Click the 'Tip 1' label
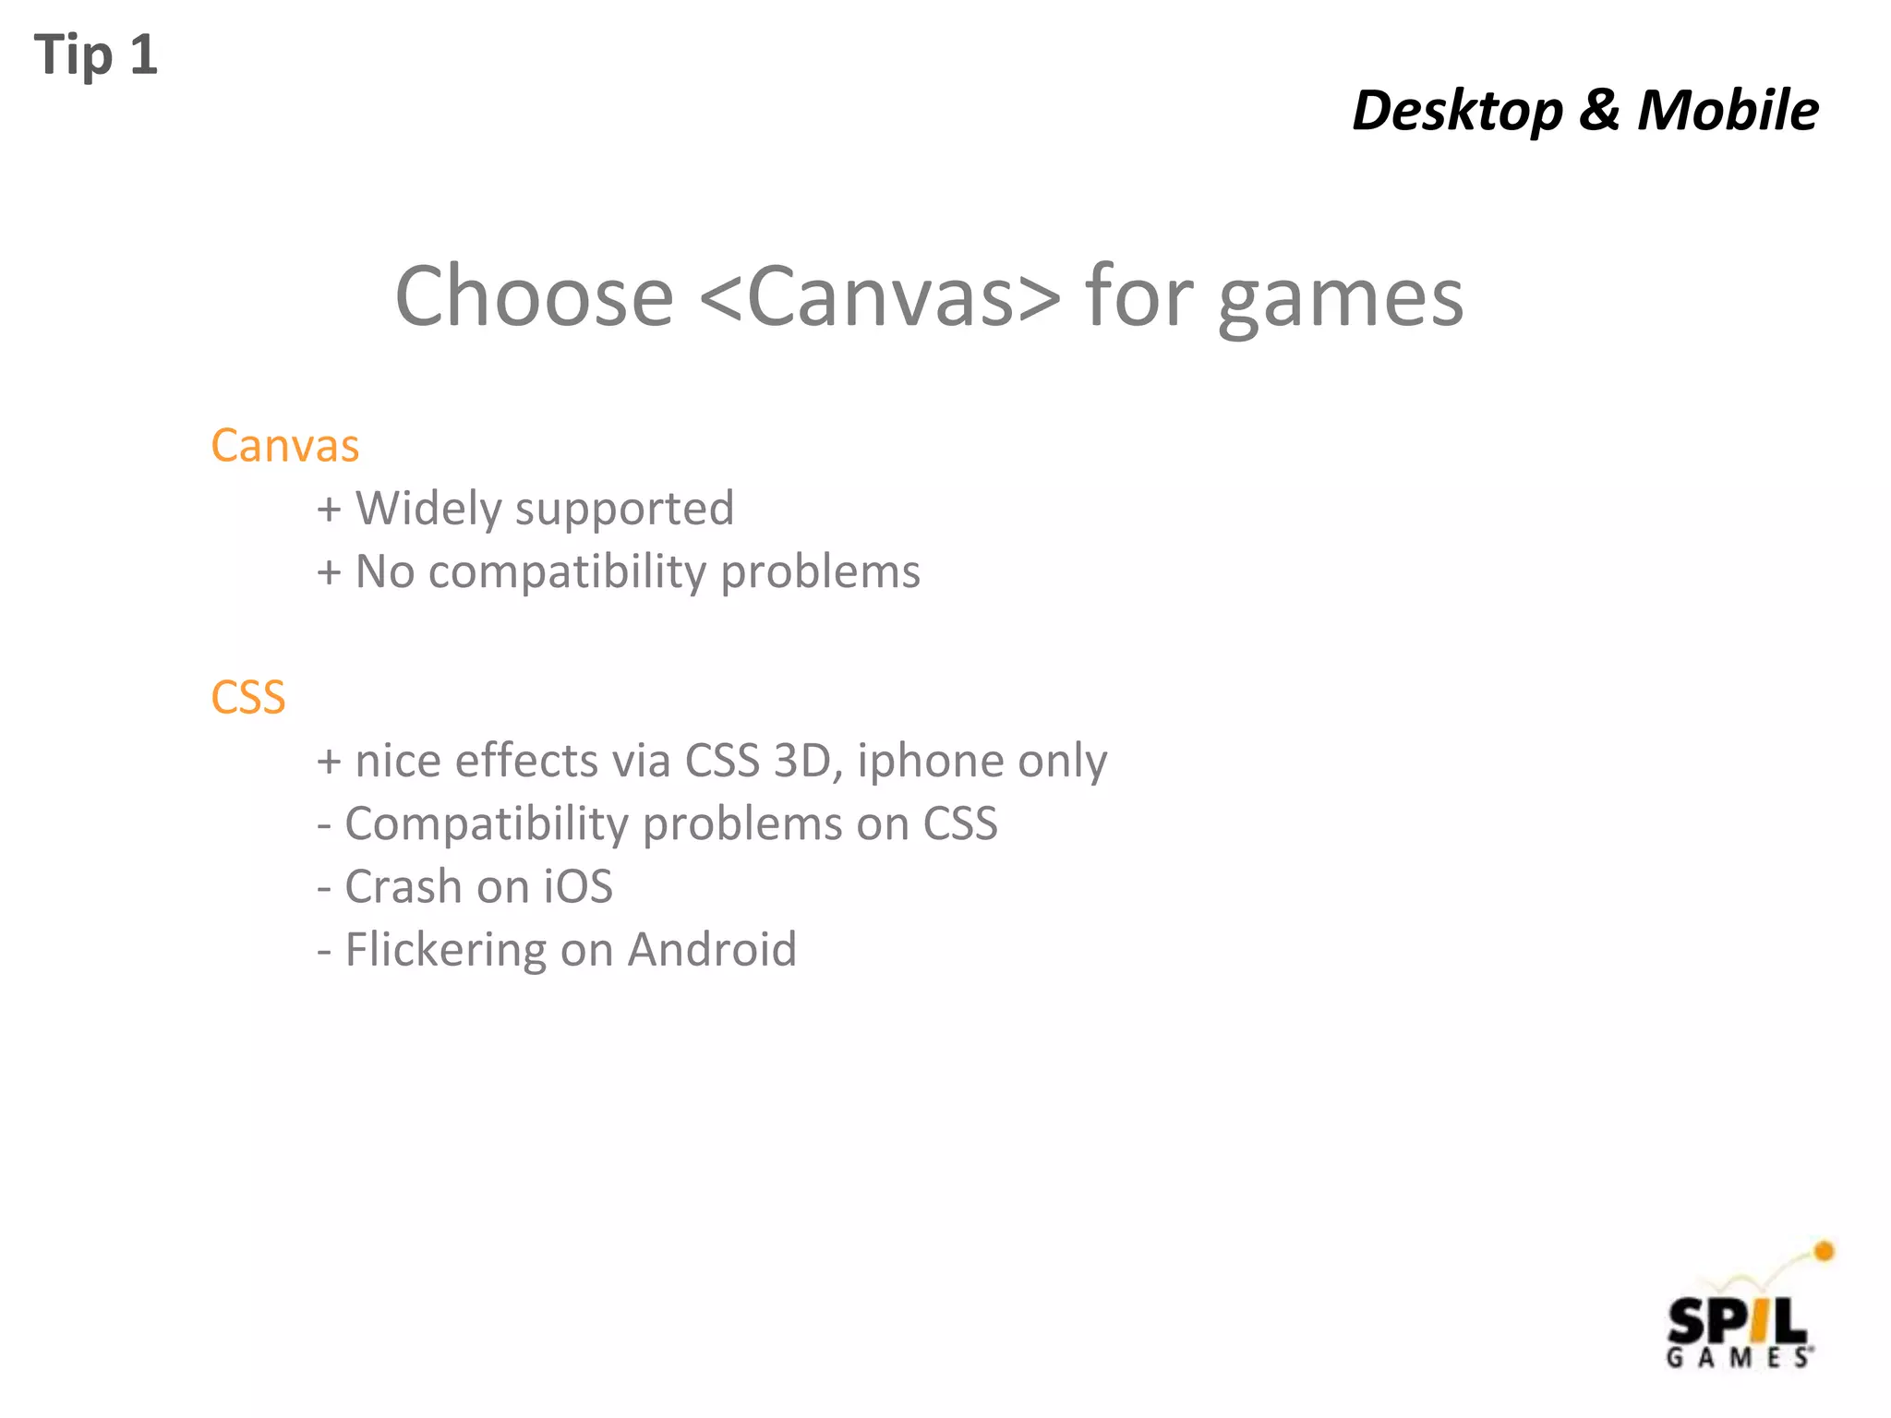pos(96,55)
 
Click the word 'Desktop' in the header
pos(1457,111)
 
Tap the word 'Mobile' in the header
pos(1728,111)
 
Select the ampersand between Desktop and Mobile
pos(1599,111)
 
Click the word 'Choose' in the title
pos(535,296)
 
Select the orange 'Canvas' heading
pos(284,446)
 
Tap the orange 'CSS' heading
pos(247,698)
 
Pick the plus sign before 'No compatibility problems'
pos(329,572)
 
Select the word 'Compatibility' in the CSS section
pos(487,824)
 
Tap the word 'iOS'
pos(577,887)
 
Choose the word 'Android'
pos(712,950)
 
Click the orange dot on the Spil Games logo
pos(1824,1252)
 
